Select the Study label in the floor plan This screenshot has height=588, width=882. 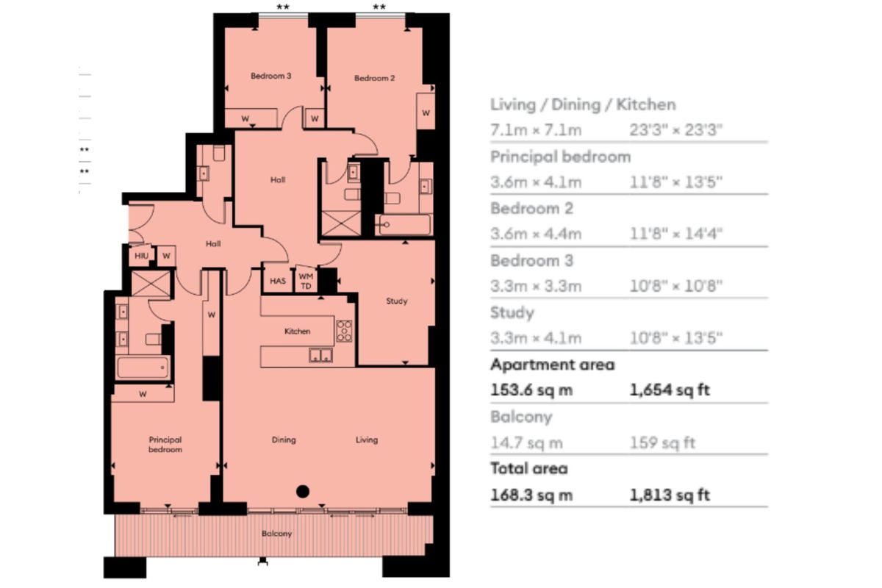(x=397, y=301)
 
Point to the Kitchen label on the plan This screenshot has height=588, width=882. (x=298, y=331)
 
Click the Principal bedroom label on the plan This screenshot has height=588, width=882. (x=165, y=445)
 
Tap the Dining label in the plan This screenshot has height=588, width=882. (x=284, y=440)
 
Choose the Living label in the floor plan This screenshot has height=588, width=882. (x=366, y=440)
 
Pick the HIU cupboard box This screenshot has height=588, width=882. (x=141, y=256)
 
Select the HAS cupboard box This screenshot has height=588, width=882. (x=277, y=281)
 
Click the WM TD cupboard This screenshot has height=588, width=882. (x=304, y=281)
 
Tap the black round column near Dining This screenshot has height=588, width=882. (x=301, y=492)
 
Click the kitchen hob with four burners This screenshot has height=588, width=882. (x=344, y=331)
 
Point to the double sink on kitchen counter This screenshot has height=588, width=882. (x=320, y=357)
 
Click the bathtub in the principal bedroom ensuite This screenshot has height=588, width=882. (x=143, y=368)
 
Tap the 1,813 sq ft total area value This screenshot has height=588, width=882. (x=670, y=495)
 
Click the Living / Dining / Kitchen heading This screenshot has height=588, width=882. (x=583, y=104)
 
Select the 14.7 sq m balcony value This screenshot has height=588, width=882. (x=526, y=442)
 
